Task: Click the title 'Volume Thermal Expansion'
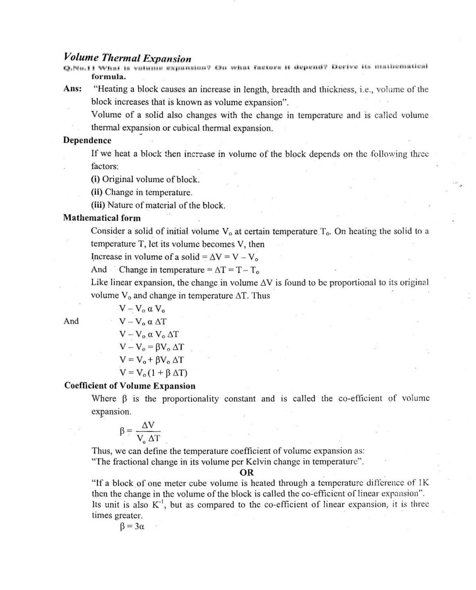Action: [x=127, y=58]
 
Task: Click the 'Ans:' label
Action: [x=72, y=89]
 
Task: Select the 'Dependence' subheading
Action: [x=87, y=140]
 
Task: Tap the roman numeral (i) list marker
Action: [x=96, y=180]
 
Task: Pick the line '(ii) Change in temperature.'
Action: [x=142, y=192]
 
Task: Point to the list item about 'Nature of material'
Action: [x=158, y=205]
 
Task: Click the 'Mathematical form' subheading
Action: [x=102, y=218]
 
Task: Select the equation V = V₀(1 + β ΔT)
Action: [x=153, y=373]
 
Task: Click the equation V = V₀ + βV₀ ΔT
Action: [x=151, y=360]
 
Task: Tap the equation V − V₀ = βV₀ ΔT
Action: [x=151, y=347]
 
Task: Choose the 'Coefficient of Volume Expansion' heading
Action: [x=130, y=386]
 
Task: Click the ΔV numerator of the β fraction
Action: [x=148, y=425]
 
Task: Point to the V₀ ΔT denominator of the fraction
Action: [x=148, y=438]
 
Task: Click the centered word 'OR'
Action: [x=247, y=472]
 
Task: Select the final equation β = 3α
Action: [x=132, y=527]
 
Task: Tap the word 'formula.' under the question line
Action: [x=109, y=77]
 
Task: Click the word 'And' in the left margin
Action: [x=71, y=321]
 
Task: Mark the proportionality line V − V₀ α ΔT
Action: [x=143, y=322]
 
